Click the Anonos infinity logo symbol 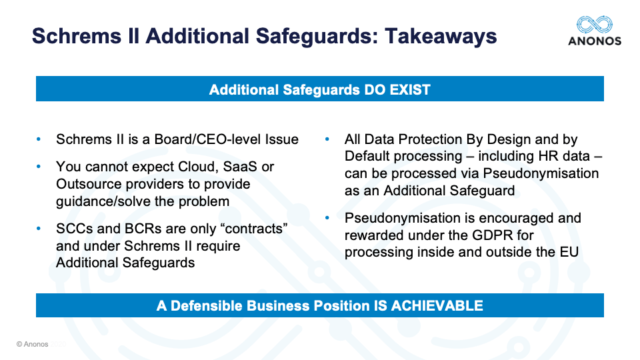click(594, 25)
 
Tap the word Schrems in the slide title click(77, 36)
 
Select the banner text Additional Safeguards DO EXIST click(319, 89)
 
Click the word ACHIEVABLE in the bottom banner click(437, 306)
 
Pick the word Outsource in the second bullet click(89, 184)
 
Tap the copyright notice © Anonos click(32, 344)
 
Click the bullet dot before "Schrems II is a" click(39, 139)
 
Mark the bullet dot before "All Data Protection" click(327, 139)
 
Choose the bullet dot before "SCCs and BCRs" click(39, 229)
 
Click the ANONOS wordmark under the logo click(595, 41)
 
